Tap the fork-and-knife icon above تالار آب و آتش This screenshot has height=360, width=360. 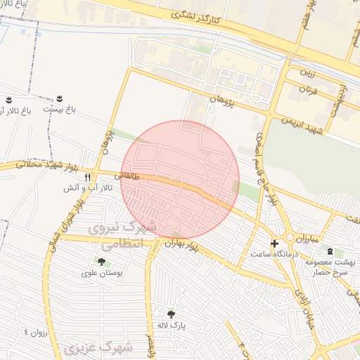tap(88, 177)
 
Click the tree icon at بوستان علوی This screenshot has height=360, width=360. tap(101, 262)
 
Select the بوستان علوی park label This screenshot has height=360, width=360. tap(101, 274)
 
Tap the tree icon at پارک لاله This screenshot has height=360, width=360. tap(171, 314)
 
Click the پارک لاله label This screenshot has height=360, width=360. tap(171, 326)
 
